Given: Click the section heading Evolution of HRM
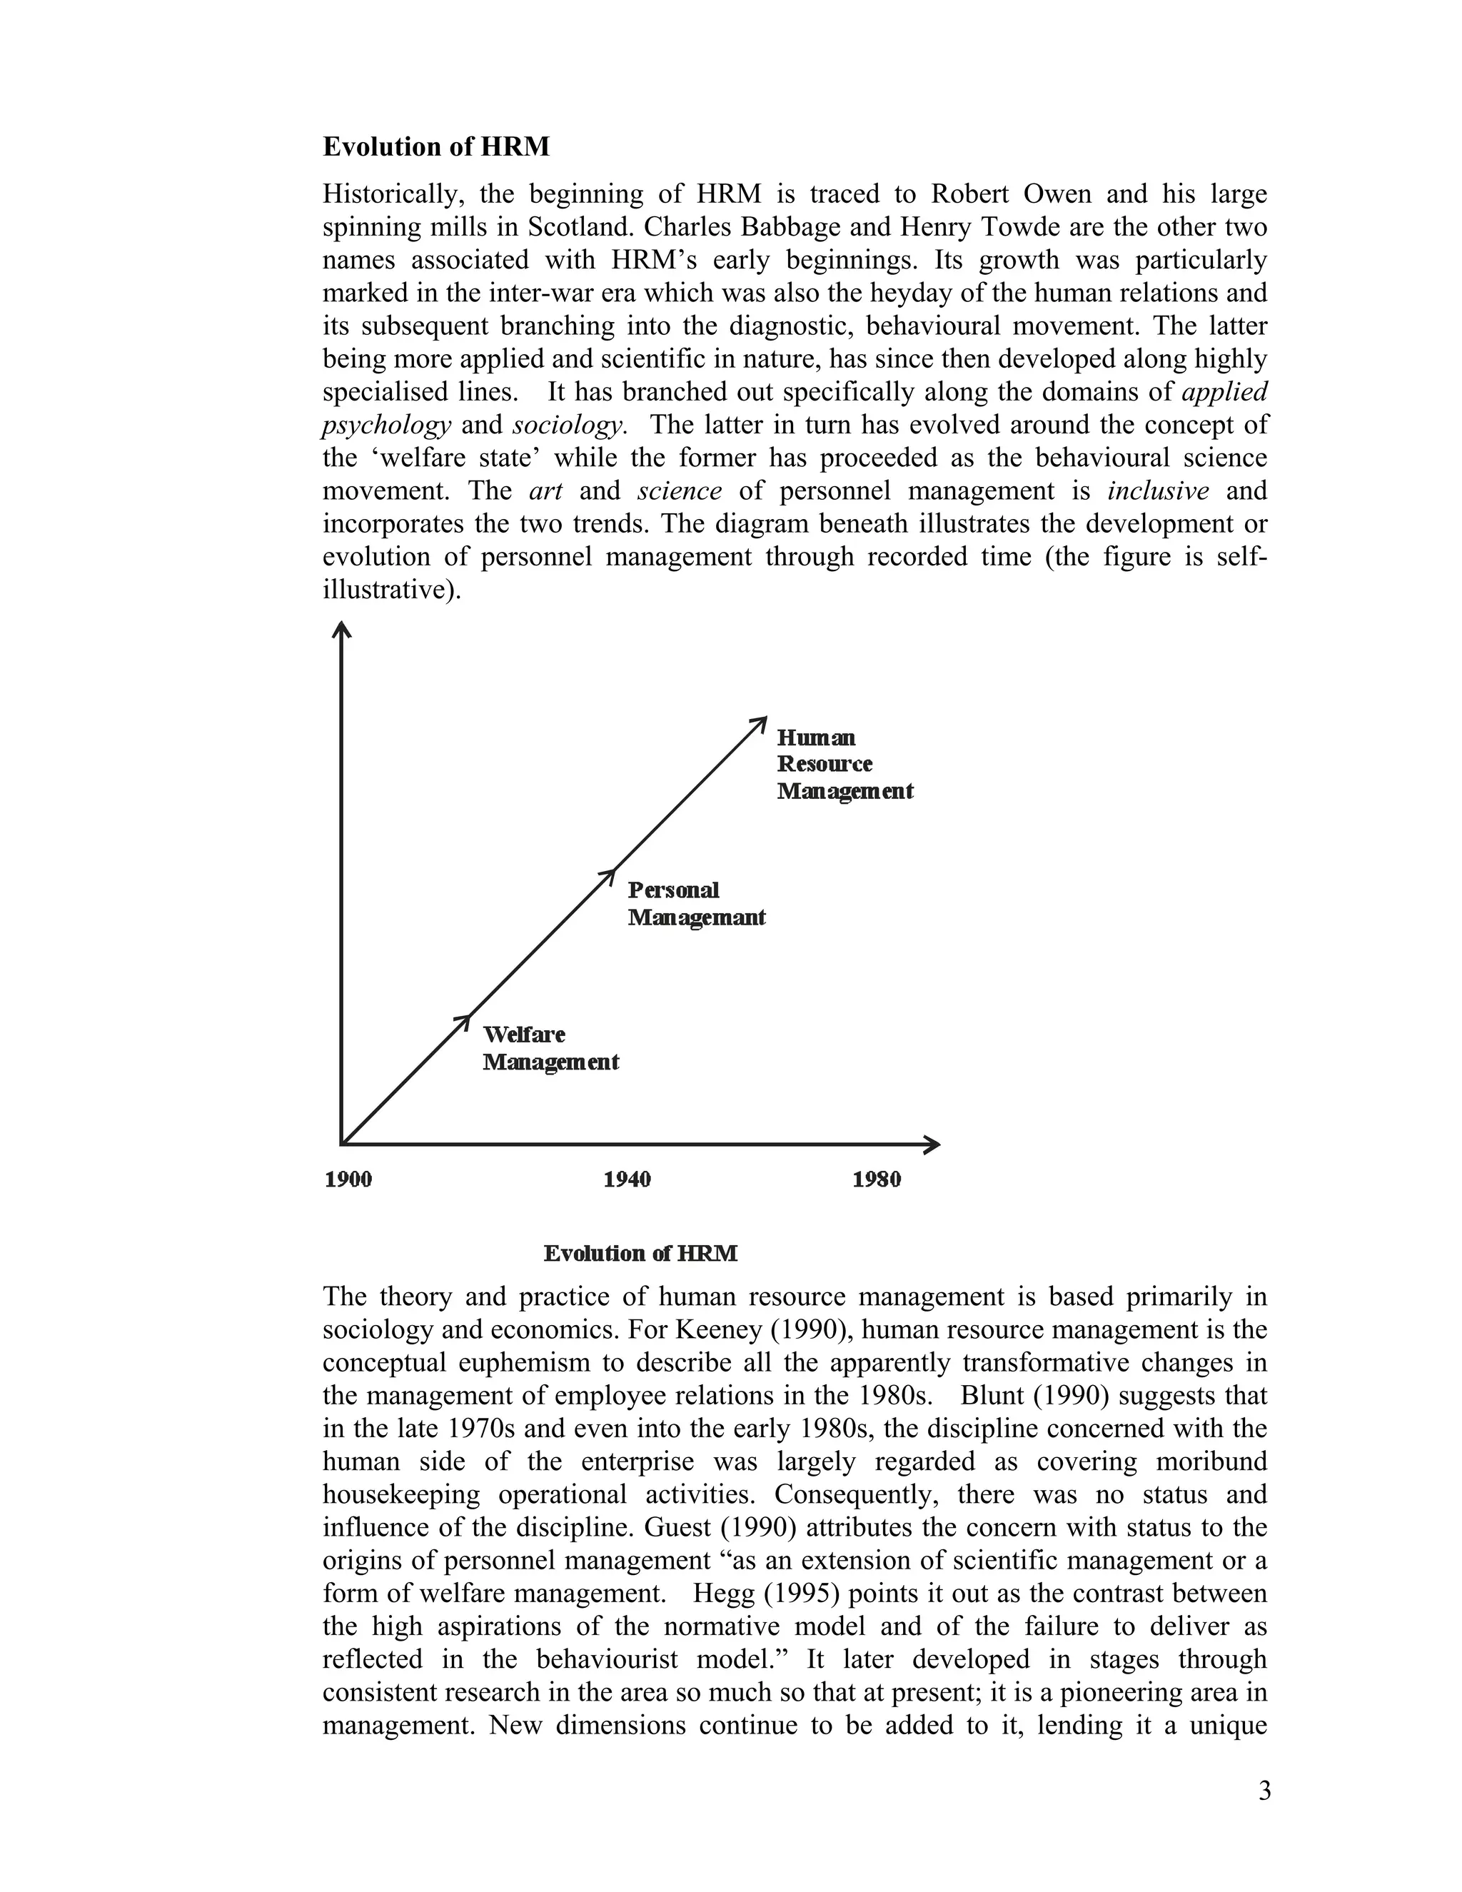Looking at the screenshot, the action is point(435,147).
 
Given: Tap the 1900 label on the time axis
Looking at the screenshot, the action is point(348,1179).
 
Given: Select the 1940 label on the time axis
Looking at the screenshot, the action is point(627,1179).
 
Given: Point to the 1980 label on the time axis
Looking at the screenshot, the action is point(877,1179).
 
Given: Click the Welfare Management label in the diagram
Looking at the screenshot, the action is point(550,1048).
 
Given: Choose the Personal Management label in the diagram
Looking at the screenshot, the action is point(695,904).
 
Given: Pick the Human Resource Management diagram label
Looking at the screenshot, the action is point(844,764).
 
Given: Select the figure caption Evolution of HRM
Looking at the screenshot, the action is point(640,1254).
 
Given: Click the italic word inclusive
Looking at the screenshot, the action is point(1158,491).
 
